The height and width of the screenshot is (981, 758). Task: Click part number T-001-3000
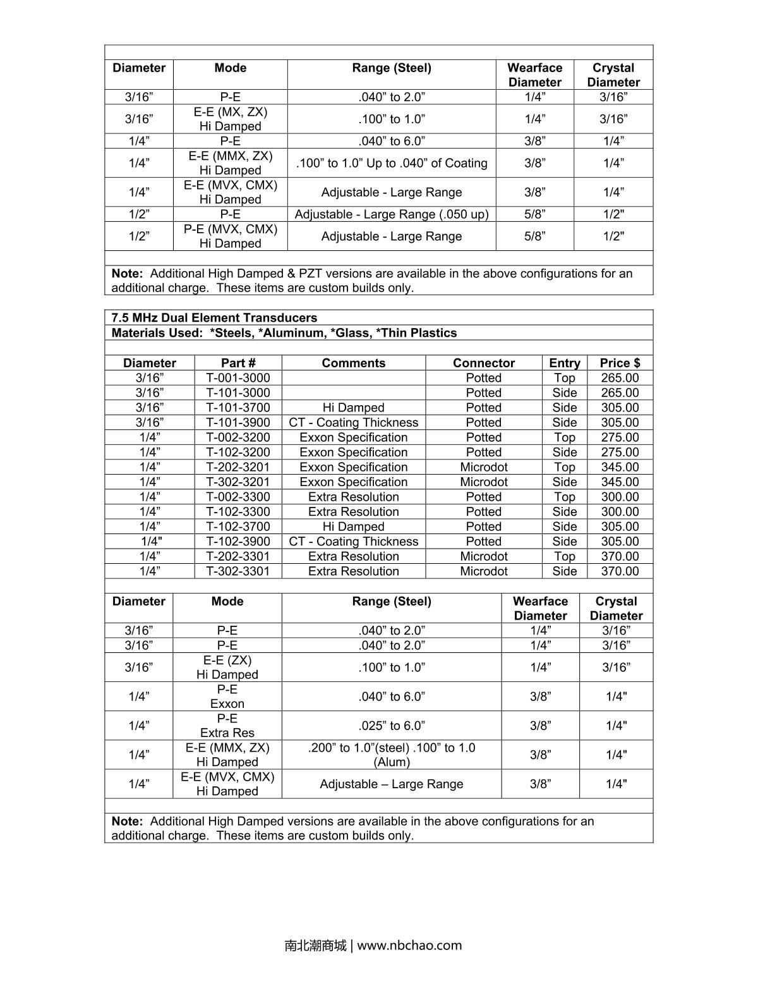[238, 378]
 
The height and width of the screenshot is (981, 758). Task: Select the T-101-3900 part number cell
[238, 422]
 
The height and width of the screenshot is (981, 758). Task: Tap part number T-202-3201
[238, 467]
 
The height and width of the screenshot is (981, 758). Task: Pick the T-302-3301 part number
[238, 571]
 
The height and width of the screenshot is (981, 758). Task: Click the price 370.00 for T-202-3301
[620, 556]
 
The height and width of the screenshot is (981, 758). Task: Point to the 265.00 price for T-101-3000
[620, 393]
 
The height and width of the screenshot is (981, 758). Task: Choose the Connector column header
[484, 363]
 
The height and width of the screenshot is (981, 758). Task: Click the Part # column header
[238, 363]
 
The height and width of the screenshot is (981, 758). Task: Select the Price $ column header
[620, 363]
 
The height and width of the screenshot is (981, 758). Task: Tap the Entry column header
[565, 363]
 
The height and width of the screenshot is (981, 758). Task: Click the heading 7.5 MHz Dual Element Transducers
[214, 318]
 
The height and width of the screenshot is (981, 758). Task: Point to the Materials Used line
[284, 332]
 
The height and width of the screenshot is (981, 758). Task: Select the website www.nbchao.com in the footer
[409, 946]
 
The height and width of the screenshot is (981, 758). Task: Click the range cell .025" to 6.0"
[392, 726]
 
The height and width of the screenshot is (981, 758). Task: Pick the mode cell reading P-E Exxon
[227, 697]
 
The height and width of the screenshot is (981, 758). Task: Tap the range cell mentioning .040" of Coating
[392, 163]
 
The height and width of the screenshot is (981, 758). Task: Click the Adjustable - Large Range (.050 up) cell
[392, 214]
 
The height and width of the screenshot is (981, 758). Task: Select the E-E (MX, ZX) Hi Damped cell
[231, 119]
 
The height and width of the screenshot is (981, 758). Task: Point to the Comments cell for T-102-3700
[354, 527]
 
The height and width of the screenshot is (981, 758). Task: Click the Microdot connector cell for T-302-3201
[484, 482]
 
